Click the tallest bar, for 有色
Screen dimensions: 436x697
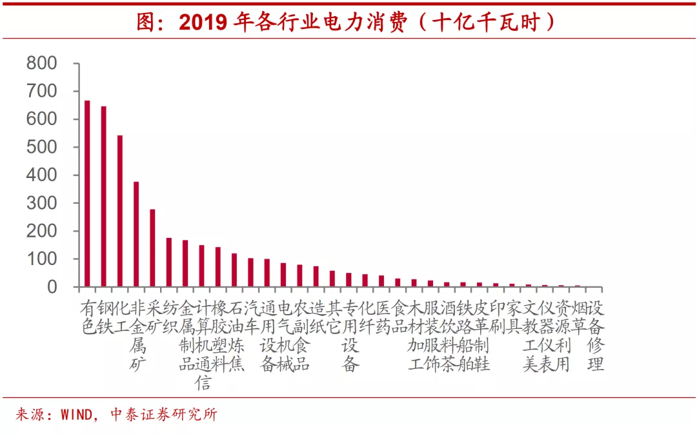[x=87, y=193]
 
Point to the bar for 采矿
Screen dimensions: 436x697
[x=152, y=248]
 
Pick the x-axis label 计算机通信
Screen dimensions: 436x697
[x=203, y=345]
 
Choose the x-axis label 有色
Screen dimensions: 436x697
[x=88, y=317]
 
